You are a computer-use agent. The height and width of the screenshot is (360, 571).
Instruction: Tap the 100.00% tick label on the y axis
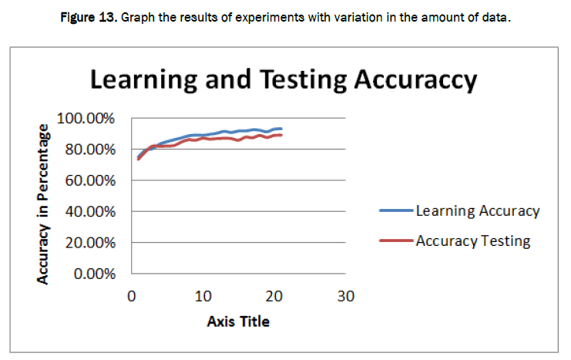tap(88, 119)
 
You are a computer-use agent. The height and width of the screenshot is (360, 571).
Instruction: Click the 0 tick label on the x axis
tap(132, 296)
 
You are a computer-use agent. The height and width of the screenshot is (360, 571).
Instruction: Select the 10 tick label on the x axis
tap(202, 296)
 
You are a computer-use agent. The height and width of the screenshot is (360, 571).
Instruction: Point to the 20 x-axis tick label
tap(274, 296)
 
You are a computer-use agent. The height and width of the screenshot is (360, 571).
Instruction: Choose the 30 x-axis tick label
tap(345, 296)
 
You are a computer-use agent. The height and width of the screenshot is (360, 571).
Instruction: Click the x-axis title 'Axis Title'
tap(238, 321)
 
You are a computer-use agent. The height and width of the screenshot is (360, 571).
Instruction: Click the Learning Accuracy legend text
tap(478, 210)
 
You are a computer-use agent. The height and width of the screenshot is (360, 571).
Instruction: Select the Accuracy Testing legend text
tap(473, 241)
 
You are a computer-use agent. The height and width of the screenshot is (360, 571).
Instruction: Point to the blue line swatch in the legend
tap(397, 210)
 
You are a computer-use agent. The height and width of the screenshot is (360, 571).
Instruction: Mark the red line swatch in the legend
tap(397, 241)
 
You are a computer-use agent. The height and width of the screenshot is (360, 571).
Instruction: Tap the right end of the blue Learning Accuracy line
tap(281, 129)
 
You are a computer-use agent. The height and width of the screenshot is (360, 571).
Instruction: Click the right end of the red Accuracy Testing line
tap(281, 135)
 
